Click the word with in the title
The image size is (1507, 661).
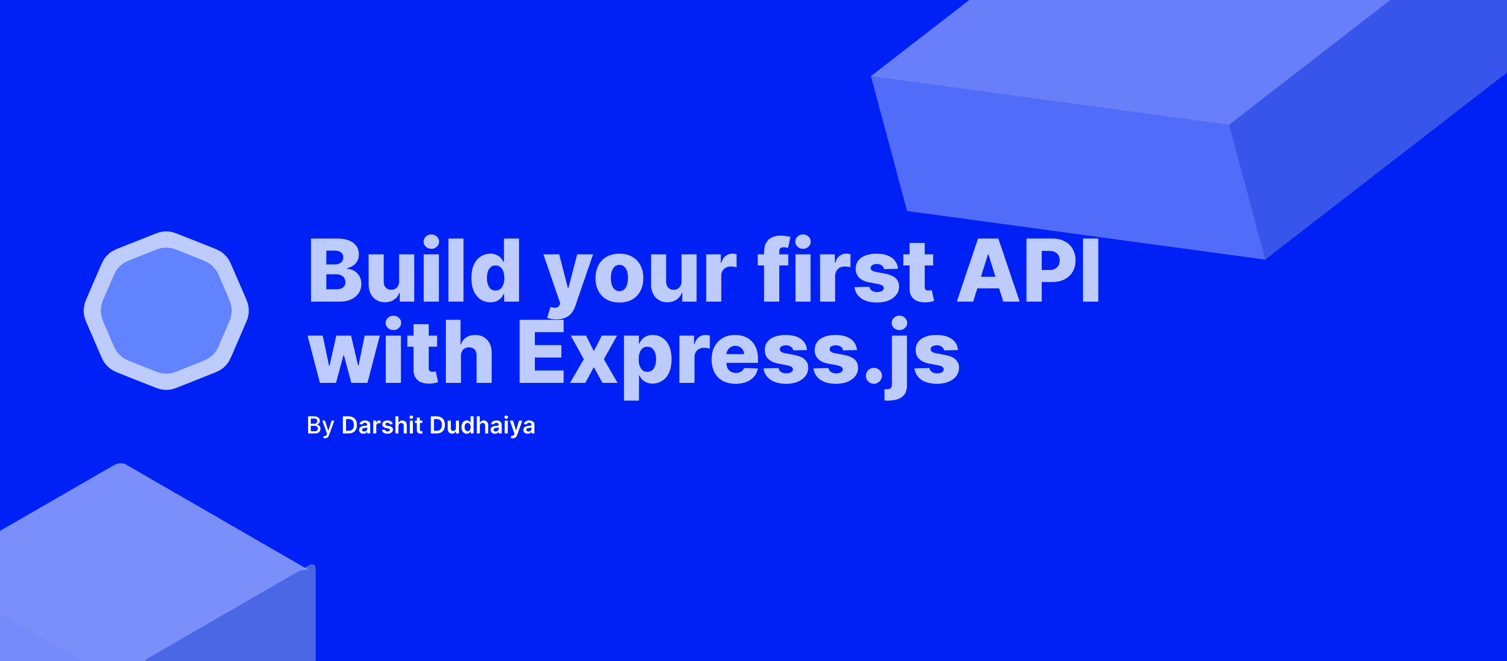(x=400, y=351)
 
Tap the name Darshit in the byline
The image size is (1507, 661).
(x=381, y=425)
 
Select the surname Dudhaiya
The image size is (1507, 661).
(x=482, y=426)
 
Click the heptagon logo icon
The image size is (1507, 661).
(x=167, y=310)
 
